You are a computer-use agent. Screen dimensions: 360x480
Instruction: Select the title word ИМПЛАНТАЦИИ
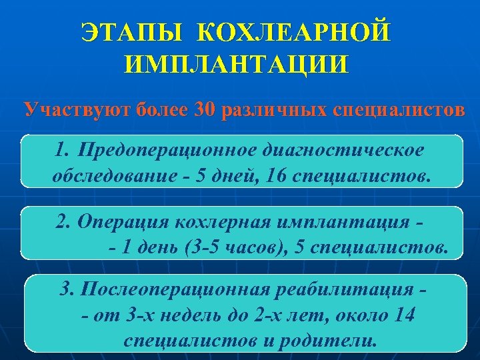coord(236,65)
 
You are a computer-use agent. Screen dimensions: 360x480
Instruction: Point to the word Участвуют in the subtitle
coord(75,108)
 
